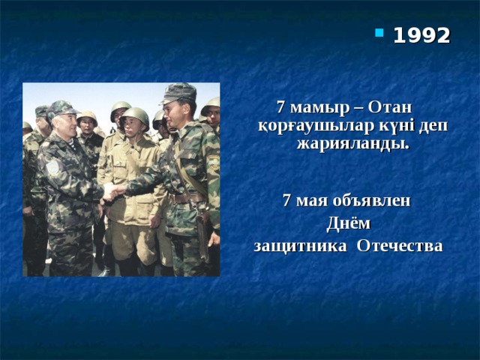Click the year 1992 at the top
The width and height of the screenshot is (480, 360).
[421, 35]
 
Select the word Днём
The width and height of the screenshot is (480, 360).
[348, 223]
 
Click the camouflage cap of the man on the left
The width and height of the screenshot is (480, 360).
[62, 108]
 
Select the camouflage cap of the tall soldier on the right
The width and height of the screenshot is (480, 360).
[178, 92]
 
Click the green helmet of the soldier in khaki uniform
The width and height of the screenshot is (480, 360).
[135, 115]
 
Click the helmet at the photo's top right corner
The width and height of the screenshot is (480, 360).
[212, 105]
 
